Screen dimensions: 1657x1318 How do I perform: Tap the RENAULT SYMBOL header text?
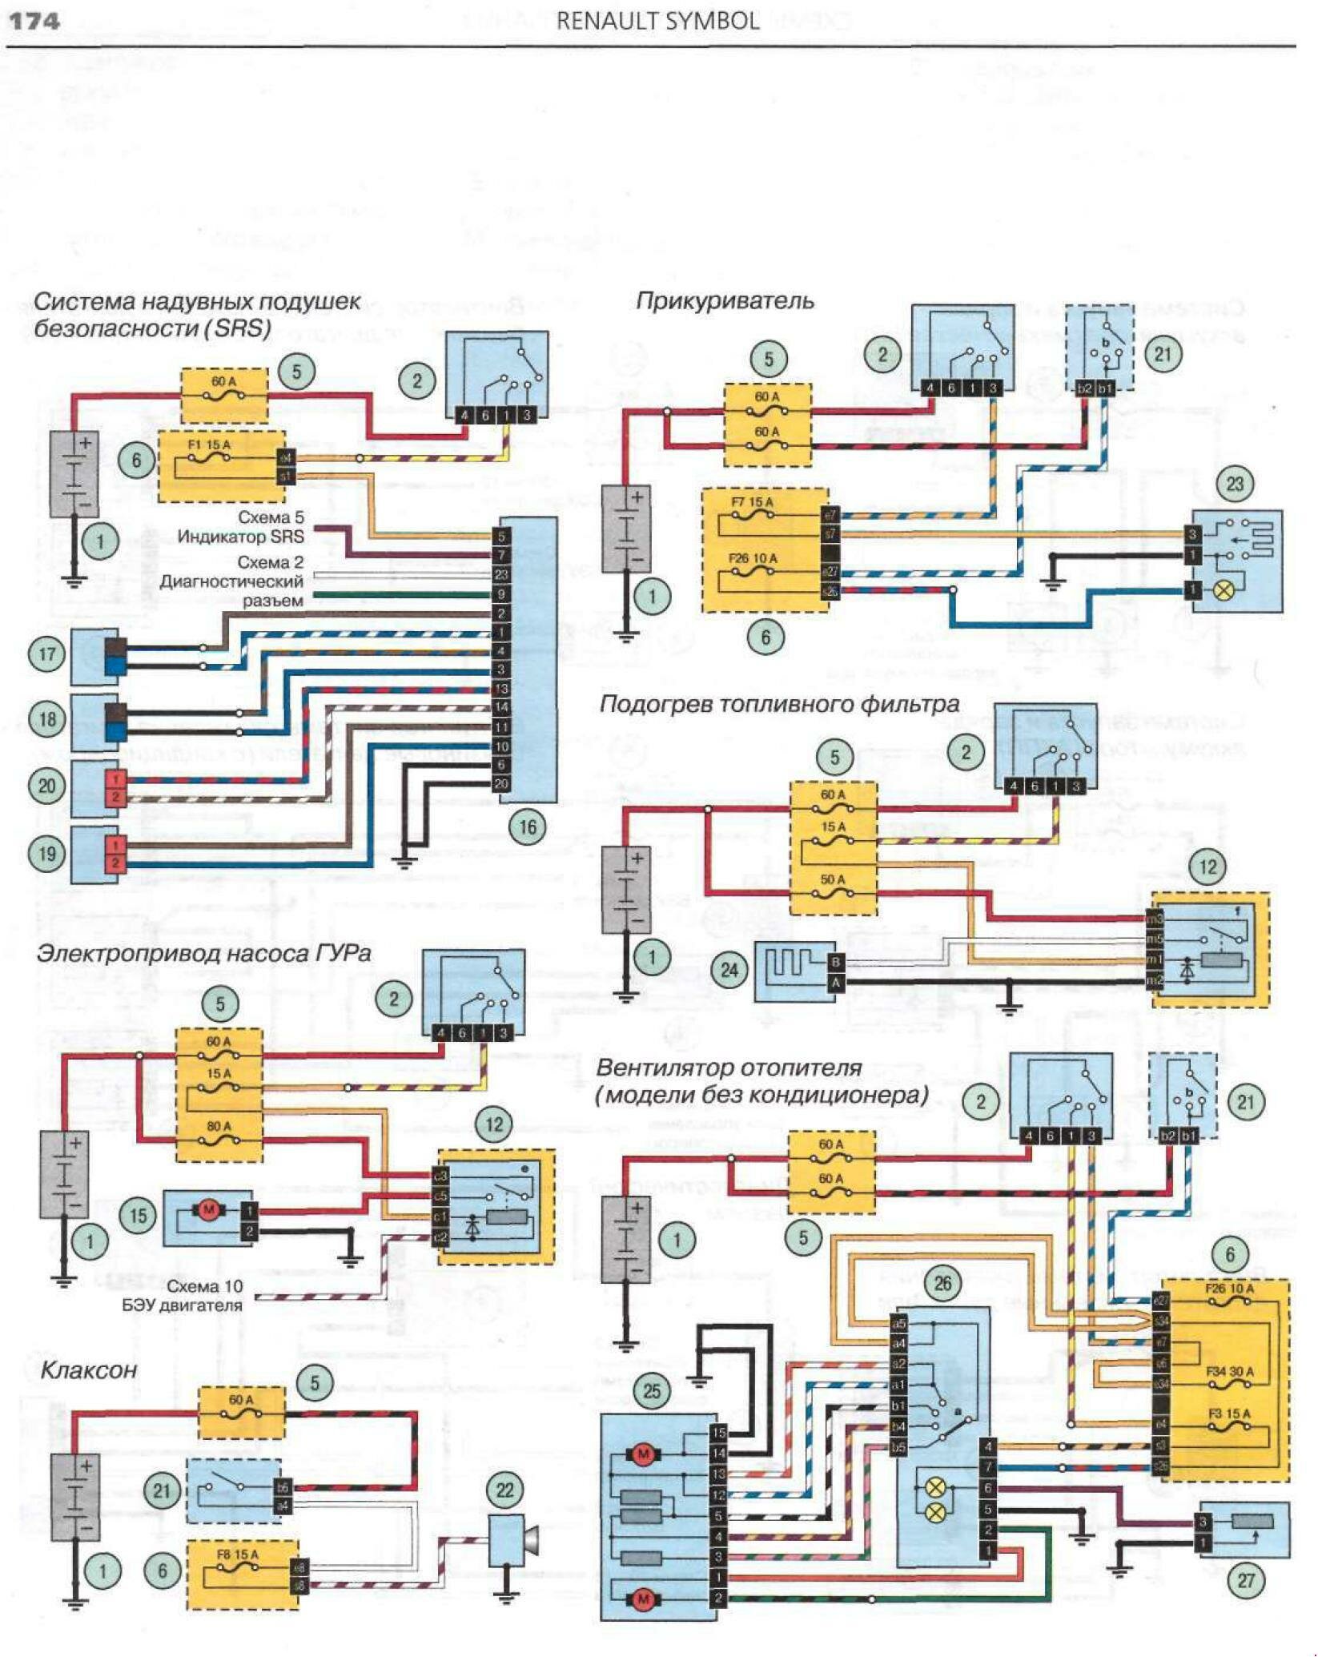(x=657, y=22)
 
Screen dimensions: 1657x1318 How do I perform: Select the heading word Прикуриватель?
(x=725, y=301)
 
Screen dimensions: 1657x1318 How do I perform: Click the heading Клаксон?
(x=89, y=1370)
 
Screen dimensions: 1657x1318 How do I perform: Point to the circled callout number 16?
(x=528, y=826)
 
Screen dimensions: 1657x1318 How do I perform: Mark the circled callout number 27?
(x=1246, y=1580)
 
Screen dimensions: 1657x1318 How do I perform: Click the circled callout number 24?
(x=729, y=970)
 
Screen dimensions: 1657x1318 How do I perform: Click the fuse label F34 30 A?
(x=1230, y=1372)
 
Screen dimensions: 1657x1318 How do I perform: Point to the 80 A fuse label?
(x=219, y=1126)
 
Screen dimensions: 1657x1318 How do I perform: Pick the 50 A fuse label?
(x=833, y=879)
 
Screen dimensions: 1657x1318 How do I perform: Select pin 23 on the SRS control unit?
(x=501, y=574)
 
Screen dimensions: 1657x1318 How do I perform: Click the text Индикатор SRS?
(x=240, y=537)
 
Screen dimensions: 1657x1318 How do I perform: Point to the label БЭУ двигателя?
(x=182, y=1305)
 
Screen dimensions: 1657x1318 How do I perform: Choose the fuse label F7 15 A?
(x=752, y=503)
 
